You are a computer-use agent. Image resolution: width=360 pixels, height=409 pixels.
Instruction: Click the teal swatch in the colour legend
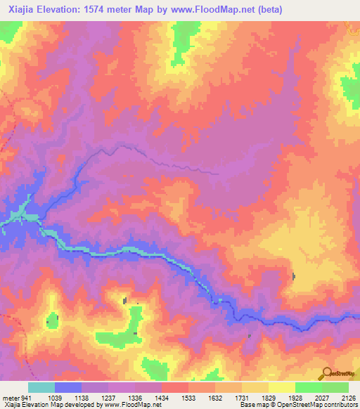click(x=41, y=387)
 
